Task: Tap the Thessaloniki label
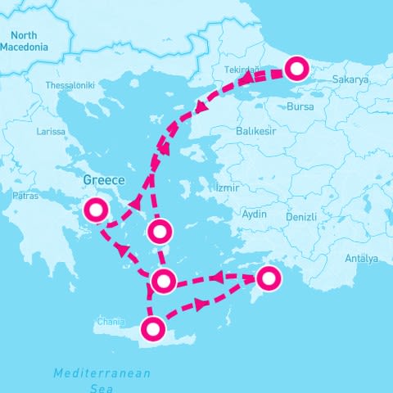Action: pos(70,85)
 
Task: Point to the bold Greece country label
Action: pos(104,179)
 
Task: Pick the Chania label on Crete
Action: pos(111,321)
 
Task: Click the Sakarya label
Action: pos(351,80)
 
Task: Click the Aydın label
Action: pos(255,214)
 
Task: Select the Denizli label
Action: pos(303,218)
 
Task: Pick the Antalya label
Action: pos(361,259)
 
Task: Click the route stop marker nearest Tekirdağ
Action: pos(297,70)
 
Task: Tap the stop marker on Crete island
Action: pos(152,330)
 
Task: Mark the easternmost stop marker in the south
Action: pos(267,278)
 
